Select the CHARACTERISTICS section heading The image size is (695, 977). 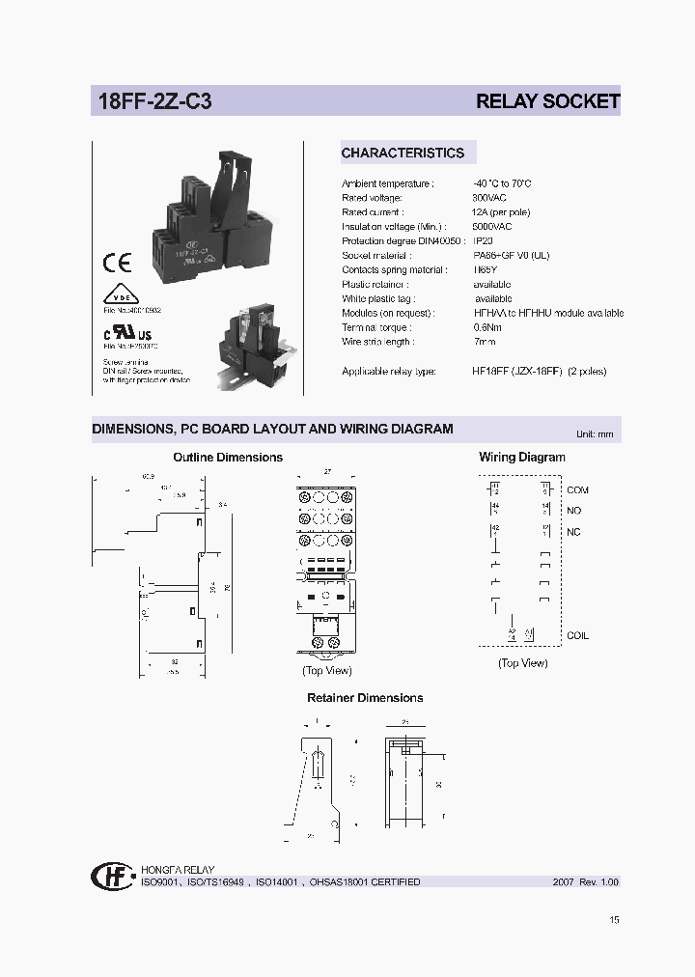pos(403,153)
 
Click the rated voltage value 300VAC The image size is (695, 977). pos(489,198)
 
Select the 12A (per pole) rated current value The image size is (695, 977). pos(501,212)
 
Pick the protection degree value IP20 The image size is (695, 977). pos(485,241)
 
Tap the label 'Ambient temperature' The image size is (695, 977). pos(387,183)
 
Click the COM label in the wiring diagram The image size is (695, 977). pos(577,490)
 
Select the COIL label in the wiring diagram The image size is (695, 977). pos(577,635)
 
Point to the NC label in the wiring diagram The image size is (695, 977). pos(573,532)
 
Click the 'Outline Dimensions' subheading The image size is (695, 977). pos(228,458)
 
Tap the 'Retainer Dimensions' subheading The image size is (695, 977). pos(365,698)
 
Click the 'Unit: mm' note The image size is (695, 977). pos(595,434)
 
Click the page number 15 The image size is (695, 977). pos(615,919)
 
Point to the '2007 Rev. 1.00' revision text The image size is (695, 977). pos(586,882)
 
